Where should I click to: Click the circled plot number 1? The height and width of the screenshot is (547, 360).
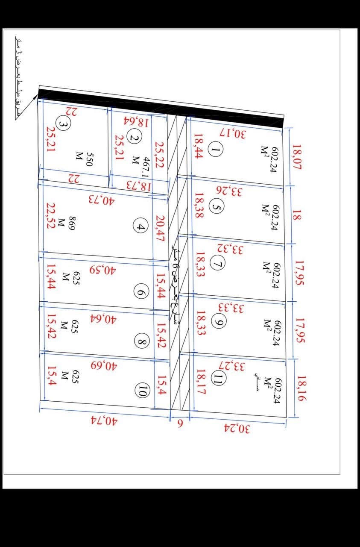click(216, 149)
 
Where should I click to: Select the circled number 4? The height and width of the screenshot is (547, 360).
click(140, 225)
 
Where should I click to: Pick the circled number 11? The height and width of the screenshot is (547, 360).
click(218, 378)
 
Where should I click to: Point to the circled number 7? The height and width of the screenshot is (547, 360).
click(218, 265)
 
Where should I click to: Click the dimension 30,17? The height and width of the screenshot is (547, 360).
click(233, 133)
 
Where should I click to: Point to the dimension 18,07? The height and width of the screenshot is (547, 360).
click(296, 157)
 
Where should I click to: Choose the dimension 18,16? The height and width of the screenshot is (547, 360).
click(301, 388)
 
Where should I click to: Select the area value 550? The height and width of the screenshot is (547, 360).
click(90, 159)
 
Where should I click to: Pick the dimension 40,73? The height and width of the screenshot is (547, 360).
click(102, 199)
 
